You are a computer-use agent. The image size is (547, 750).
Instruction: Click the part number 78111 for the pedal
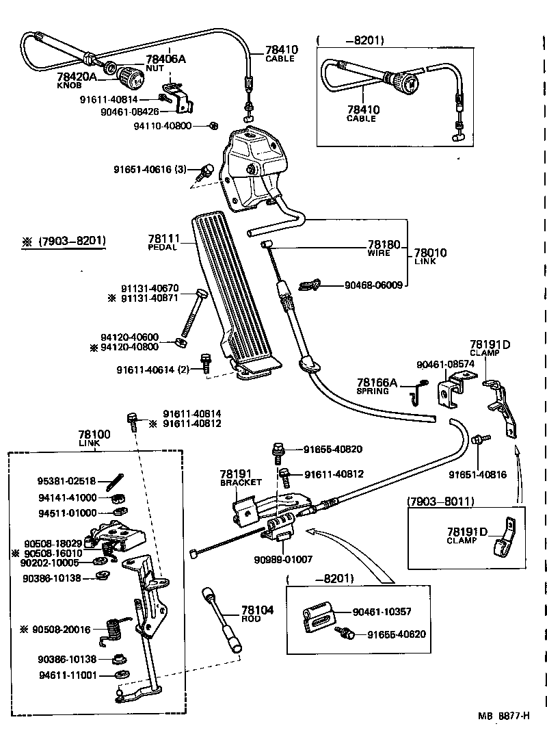coord(163,239)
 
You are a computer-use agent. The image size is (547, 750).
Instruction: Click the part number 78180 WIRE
coord(384,244)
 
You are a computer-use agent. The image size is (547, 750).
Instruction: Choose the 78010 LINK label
coord(431,254)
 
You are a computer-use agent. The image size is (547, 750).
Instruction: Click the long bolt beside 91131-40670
coord(191,315)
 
